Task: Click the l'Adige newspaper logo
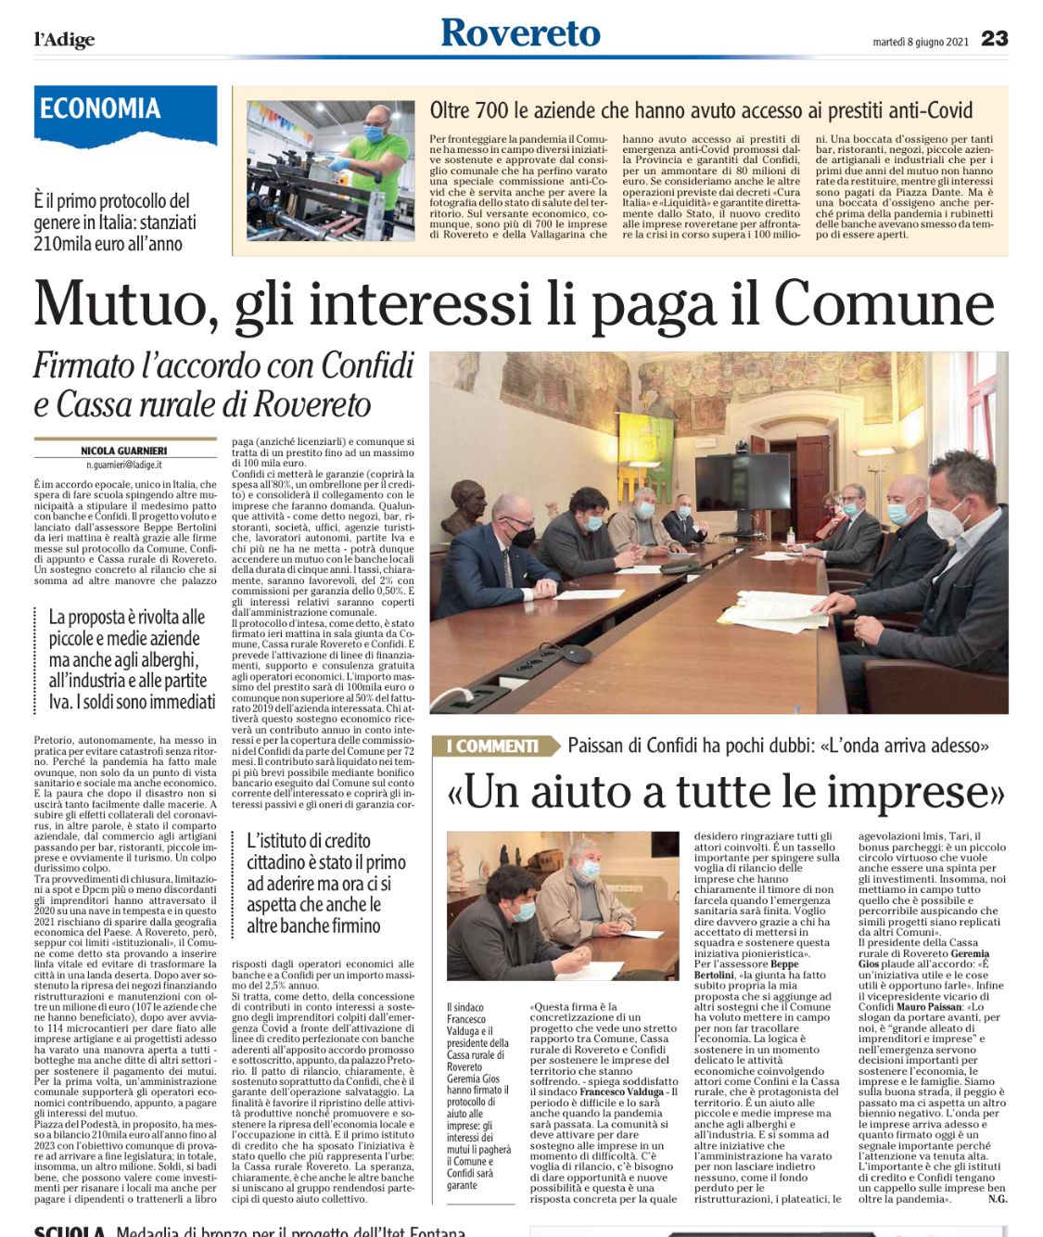[x=64, y=39]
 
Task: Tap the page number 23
[x=994, y=38]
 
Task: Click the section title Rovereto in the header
[x=520, y=33]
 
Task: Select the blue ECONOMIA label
[x=100, y=108]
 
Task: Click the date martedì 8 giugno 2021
[x=920, y=41]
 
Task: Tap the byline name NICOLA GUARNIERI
[x=124, y=451]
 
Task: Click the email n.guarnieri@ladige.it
[x=124, y=464]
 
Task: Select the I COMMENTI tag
[x=493, y=746]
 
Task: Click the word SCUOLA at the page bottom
[x=70, y=1231]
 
